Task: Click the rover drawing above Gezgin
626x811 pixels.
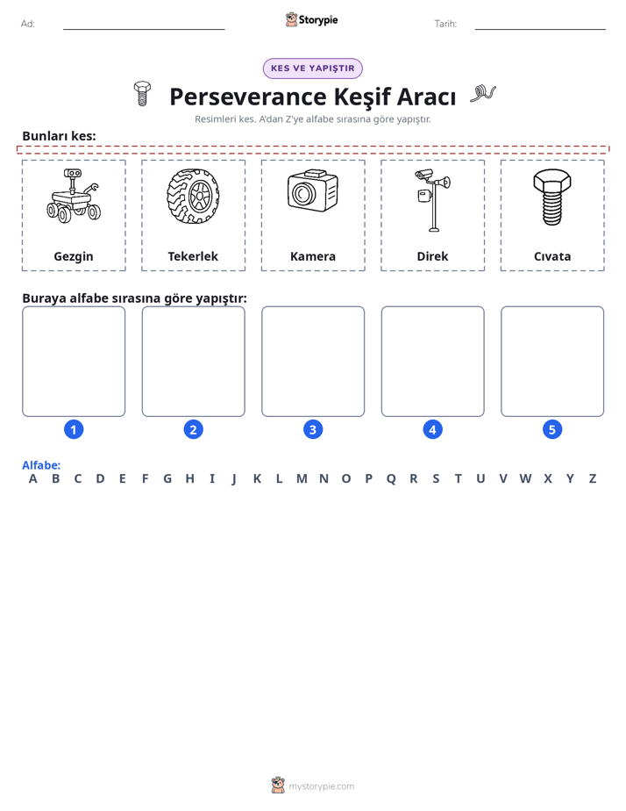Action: (74, 196)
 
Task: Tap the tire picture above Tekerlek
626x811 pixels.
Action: (193, 196)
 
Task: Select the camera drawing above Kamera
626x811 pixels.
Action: (312, 190)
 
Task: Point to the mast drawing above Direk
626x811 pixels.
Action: (432, 199)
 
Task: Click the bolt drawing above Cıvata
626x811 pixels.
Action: (552, 197)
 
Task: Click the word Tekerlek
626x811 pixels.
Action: (193, 256)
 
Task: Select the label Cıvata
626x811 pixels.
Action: (552, 256)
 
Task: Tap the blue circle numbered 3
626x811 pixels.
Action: (313, 429)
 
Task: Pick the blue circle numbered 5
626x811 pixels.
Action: (552, 429)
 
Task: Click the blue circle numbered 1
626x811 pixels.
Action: (74, 429)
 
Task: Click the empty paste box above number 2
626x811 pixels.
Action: (194, 362)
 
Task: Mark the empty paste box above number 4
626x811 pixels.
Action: (433, 362)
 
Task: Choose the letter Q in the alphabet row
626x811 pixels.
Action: (391, 479)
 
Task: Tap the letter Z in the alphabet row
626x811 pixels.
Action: (593, 479)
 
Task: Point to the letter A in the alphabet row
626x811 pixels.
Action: (33, 479)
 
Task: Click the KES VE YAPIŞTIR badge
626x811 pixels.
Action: (313, 68)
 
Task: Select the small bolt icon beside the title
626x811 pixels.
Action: (142, 94)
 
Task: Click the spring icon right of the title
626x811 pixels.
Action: (483, 94)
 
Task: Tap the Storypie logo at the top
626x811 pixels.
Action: (312, 19)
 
